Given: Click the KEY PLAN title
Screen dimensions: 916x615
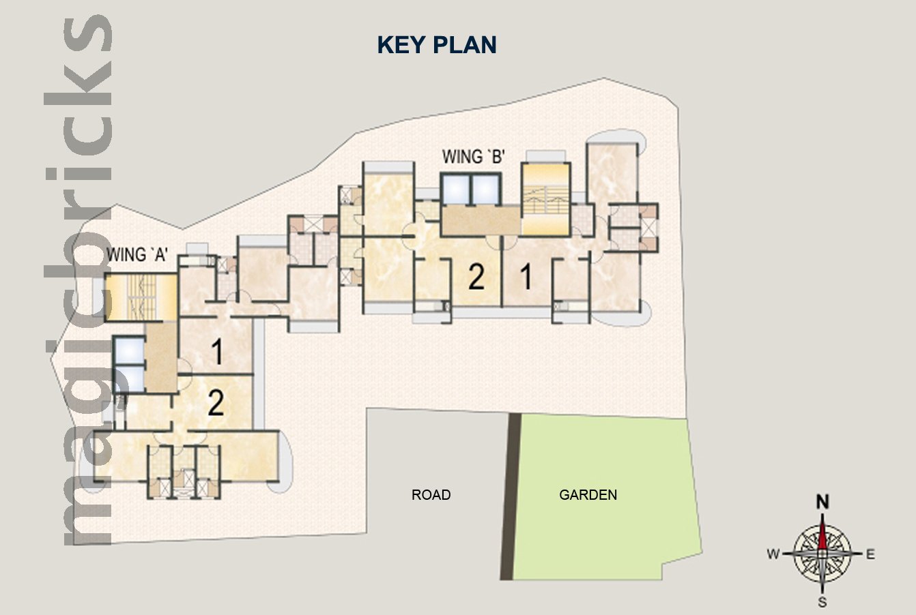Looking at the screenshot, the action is pyautogui.click(x=437, y=45).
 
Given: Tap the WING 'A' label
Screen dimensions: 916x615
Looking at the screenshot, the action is pyautogui.click(x=137, y=254).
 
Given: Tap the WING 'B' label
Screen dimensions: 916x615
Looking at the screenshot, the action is pyautogui.click(x=474, y=157).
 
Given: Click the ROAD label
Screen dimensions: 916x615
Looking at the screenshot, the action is pyautogui.click(x=431, y=494).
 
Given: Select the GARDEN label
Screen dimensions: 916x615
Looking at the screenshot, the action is pyautogui.click(x=588, y=494).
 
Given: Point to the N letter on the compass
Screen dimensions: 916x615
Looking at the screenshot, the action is pyautogui.click(x=822, y=501).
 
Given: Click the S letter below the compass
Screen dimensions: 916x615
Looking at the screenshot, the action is pyautogui.click(x=822, y=602).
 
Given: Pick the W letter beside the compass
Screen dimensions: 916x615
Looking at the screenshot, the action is pyautogui.click(x=773, y=554).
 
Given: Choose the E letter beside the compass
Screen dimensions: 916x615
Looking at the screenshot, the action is pyautogui.click(x=870, y=554).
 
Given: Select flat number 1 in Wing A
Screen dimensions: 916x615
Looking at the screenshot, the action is pyautogui.click(x=218, y=351).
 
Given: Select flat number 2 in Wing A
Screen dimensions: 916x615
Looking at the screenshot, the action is pyautogui.click(x=216, y=403).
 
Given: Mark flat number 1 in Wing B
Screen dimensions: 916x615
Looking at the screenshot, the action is pyautogui.click(x=526, y=276).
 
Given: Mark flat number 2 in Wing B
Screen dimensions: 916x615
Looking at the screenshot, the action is pyautogui.click(x=476, y=277).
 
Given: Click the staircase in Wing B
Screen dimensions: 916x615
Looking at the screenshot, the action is pyautogui.click(x=545, y=200).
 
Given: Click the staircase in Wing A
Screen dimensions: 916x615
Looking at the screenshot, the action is pyautogui.click(x=141, y=297).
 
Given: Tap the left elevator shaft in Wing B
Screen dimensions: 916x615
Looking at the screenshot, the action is pyautogui.click(x=456, y=190).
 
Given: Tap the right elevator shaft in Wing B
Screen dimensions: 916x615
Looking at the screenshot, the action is pyautogui.click(x=485, y=190).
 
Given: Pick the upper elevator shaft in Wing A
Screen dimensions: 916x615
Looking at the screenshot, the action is pyautogui.click(x=129, y=350).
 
